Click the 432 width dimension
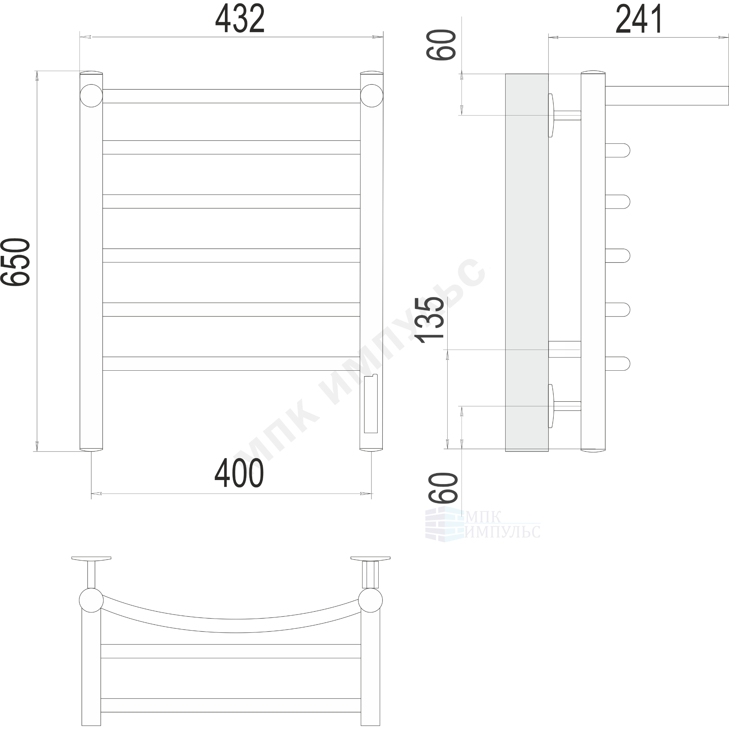point(240,19)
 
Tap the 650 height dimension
point(15,262)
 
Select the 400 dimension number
point(239,474)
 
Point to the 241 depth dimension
point(639,19)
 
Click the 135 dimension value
point(430,320)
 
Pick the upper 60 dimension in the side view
point(441,45)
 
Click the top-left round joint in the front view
point(91,95)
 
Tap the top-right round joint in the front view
point(372,95)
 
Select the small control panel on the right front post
point(371,404)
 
